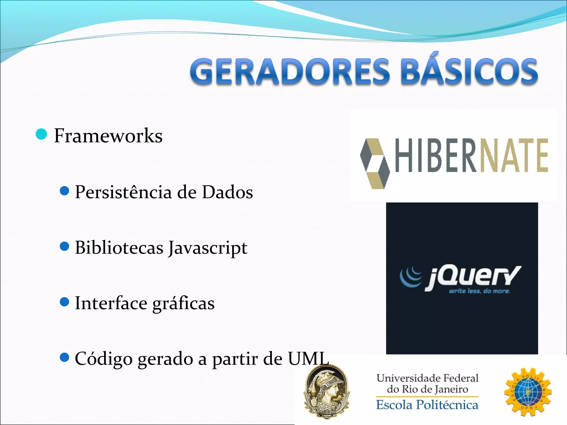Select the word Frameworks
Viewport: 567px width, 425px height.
tap(108, 136)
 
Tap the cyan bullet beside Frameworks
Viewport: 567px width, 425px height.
tap(42, 134)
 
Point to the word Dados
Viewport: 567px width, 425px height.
tap(227, 192)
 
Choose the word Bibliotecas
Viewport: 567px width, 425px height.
tap(119, 247)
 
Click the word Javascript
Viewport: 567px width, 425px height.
tap(208, 248)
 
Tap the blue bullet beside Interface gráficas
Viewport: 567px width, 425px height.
tap(64, 302)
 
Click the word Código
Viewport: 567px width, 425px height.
tap(104, 359)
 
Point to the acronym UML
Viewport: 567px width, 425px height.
tap(308, 359)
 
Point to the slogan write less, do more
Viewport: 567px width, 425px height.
tap(479, 291)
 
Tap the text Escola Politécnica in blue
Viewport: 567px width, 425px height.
tap(427, 405)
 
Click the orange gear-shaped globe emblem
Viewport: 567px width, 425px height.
tap(528, 392)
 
